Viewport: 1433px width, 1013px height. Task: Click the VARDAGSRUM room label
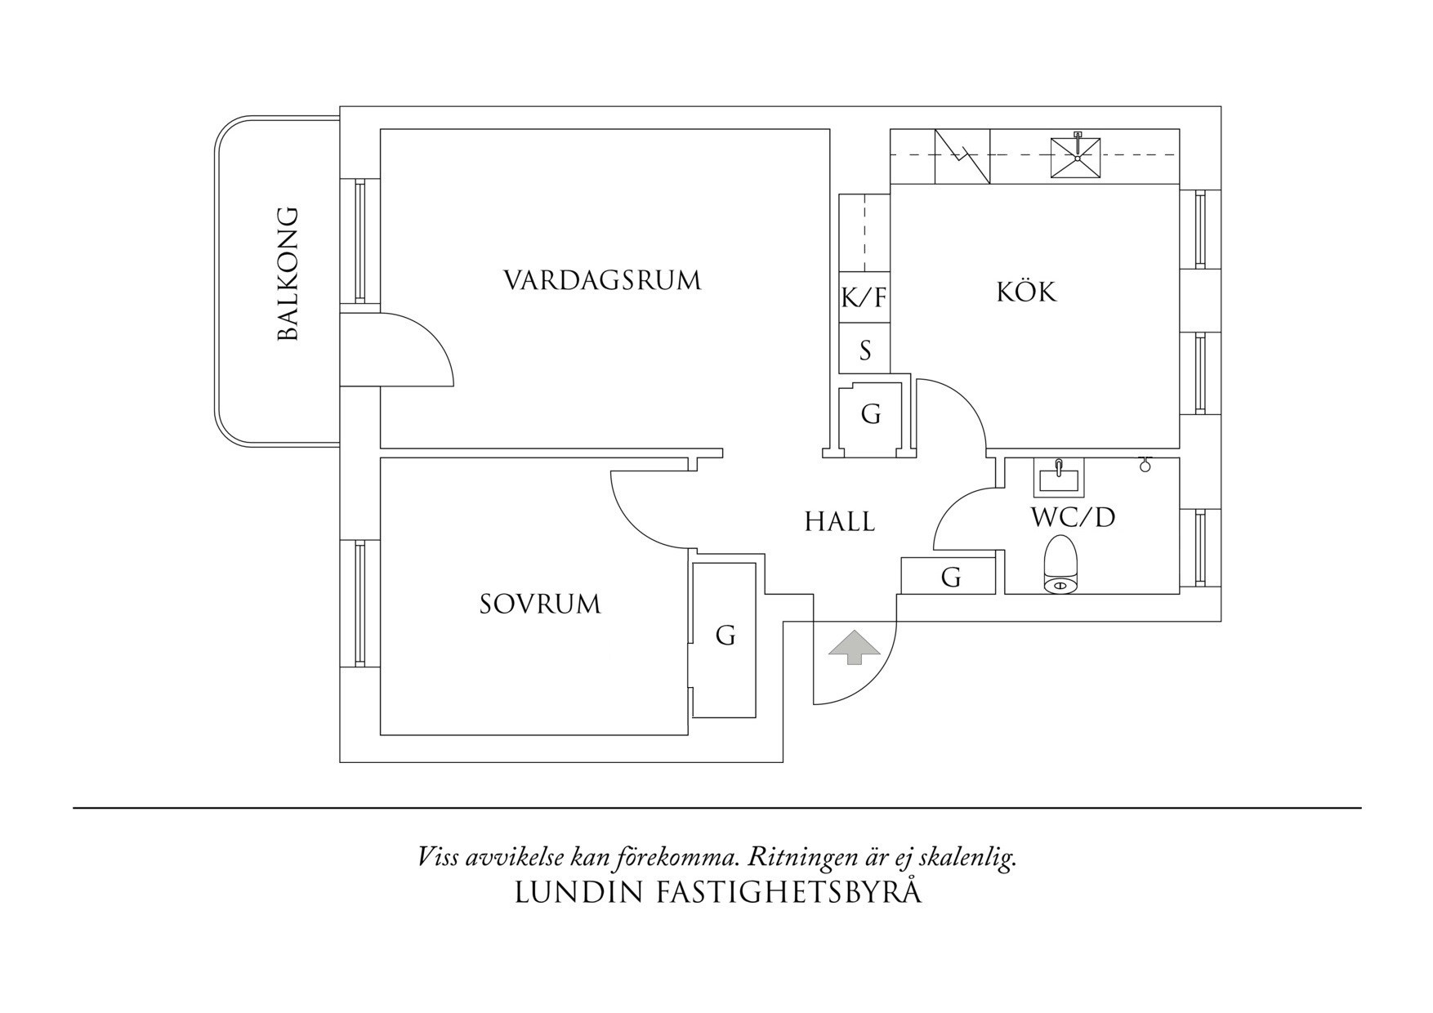pyautogui.click(x=602, y=280)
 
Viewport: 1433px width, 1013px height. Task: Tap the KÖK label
pyautogui.click(x=1026, y=292)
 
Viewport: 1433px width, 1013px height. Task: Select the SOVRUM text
pyautogui.click(x=539, y=605)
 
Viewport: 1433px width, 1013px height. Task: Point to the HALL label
pyautogui.click(x=839, y=521)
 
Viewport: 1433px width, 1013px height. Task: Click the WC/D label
pyautogui.click(x=1073, y=517)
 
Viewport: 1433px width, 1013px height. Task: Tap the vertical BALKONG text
pyautogui.click(x=288, y=274)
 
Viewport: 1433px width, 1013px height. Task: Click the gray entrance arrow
pyautogui.click(x=855, y=648)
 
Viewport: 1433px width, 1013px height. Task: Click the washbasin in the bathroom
pyautogui.click(x=1058, y=478)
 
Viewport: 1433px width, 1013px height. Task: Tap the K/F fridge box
pyautogui.click(x=864, y=297)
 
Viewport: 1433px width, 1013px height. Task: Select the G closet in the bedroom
pyautogui.click(x=725, y=636)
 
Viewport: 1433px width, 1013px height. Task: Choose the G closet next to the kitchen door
pyautogui.click(x=871, y=415)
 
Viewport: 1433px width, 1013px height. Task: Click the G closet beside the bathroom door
pyautogui.click(x=950, y=578)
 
